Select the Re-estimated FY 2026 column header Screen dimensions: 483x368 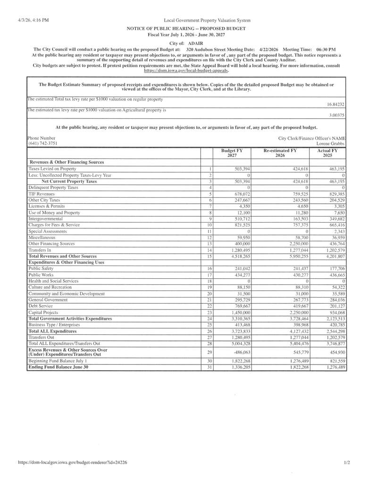280,153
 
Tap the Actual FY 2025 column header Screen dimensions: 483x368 327,153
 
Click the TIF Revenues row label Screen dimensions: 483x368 42,194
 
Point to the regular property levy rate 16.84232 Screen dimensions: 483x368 335,105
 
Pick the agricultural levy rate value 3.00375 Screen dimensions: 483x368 336,115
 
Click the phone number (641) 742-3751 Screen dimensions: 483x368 42,143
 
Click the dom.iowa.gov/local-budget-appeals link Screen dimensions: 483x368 186,70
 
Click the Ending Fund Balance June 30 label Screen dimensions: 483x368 59,366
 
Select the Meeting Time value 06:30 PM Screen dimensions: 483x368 326,50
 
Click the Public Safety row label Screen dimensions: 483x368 41,268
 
